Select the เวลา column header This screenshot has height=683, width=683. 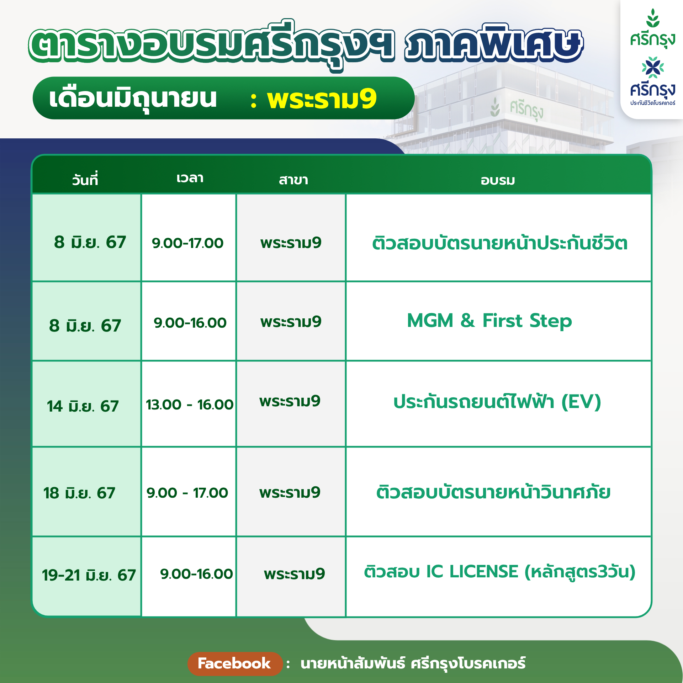[x=190, y=178]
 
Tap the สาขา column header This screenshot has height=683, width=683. [x=293, y=180]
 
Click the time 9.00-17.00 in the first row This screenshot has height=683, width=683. [x=187, y=243]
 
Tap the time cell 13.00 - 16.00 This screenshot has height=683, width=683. [x=190, y=404]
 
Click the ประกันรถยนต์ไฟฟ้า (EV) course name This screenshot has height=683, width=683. [x=497, y=402]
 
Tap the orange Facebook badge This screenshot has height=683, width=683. [x=235, y=664]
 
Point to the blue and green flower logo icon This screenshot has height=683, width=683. [x=653, y=67]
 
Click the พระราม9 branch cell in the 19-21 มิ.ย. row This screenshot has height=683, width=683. [x=295, y=574]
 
